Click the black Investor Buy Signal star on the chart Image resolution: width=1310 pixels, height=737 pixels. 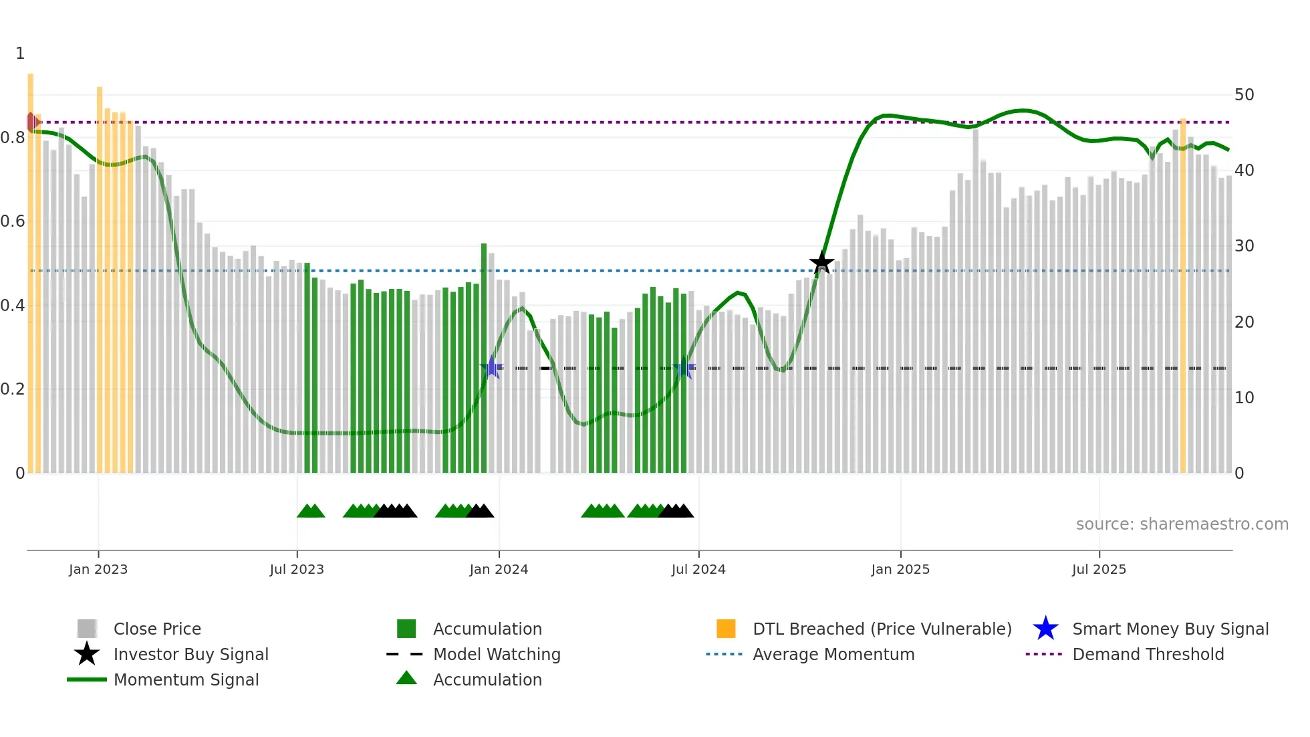coord(821,262)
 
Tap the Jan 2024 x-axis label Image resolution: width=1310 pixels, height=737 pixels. coord(499,569)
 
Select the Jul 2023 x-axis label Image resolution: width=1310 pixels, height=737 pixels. coord(297,569)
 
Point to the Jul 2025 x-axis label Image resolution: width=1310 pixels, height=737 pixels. coord(1099,569)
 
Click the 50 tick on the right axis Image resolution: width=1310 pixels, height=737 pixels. coord(1244,95)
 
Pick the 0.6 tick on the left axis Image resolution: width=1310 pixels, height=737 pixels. coord(13,221)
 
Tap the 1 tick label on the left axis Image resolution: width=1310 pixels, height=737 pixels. coord(20,54)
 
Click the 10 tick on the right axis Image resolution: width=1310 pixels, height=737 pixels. coord(1244,398)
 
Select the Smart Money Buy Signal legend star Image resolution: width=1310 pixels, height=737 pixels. coord(1045,629)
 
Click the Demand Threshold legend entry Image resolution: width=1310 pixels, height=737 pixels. coord(1148,654)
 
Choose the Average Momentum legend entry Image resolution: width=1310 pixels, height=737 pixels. coord(833,654)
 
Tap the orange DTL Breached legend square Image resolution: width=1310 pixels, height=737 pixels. coord(726,629)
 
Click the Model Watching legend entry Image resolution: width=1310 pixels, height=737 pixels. coord(496,654)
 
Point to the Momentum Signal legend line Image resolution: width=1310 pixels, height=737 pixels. coord(87,679)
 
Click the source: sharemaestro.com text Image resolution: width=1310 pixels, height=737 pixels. coord(1182,524)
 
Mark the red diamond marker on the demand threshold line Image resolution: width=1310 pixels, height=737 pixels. coord(31,122)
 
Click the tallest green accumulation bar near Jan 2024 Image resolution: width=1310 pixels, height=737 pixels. coord(484,358)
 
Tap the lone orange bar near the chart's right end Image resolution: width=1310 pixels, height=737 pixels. coord(1182,294)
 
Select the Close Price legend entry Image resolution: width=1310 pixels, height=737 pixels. coord(156,629)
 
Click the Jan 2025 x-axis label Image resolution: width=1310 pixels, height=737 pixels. coord(900,569)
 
